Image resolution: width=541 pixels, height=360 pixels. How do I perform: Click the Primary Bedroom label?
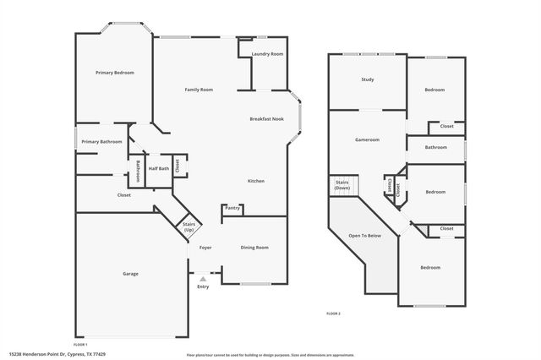pyautogui.click(x=114, y=73)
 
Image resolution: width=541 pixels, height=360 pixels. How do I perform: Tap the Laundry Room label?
pyautogui.click(x=267, y=54)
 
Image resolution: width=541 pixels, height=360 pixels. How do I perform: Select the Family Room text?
pyautogui.click(x=199, y=90)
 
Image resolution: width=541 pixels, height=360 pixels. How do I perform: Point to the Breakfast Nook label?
pyautogui.click(x=266, y=119)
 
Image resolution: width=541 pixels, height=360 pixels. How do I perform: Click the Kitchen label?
pyautogui.click(x=256, y=181)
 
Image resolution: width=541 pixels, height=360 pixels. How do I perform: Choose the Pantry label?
pyautogui.click(x=232, y=208)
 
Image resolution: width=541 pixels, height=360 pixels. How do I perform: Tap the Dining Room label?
pyautogui.click(x=255, y=247)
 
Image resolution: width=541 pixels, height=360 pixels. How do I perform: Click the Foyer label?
pyautogui.click(x=205, y=247)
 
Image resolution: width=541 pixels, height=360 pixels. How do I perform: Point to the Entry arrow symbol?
pyautogui.click(x=203, y=277)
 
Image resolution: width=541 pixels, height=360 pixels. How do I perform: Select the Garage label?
pyautogui.click(x=130, y=274)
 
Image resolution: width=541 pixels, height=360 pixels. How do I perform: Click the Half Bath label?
pyautogui.click(x=158, y=168)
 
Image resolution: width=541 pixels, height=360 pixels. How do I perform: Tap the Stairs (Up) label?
pyautogui.click(x=189, y=227)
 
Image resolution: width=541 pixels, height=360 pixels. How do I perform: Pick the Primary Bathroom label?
pyautogui.click(x=101, y=142)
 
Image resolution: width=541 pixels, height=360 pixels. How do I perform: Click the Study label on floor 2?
pyautogui.click(x=368, y=79)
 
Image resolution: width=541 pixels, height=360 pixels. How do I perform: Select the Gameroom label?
pyautogui.click(x=367, y=139)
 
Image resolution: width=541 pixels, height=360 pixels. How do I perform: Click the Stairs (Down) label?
pyautogui.click(x=342, y=185)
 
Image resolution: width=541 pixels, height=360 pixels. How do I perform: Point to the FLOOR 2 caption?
pyautogui.click(x=333, y=314)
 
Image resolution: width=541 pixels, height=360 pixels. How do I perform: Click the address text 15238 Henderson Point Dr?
pyautogui.click(x=57, y=354)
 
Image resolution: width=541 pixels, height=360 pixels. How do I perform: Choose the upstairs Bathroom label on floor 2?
pyautogui.click(x=436, y=148)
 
